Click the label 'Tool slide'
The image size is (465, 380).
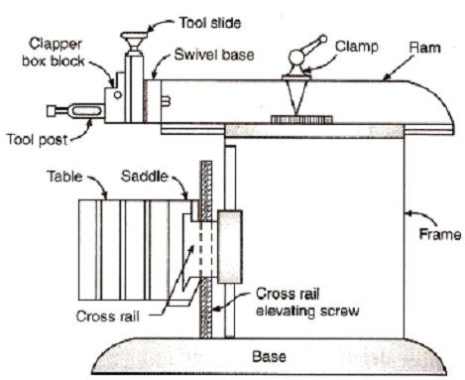coord(210,23)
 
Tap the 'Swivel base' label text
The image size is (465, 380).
coord(214,55)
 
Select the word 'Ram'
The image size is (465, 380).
coord(424,48)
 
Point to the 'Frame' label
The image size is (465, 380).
coord(440,234)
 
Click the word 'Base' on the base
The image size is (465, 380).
coord(269,356)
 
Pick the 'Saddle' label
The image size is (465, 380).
coord(145,176)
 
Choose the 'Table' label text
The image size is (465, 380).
coord(64,176)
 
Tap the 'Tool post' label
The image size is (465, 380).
coord(37,140)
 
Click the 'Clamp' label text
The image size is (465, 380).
coord(357,47)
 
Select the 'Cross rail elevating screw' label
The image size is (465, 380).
coord(307,303)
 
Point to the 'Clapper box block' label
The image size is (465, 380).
coord(54,53)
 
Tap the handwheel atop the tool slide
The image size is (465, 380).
coord(134,38)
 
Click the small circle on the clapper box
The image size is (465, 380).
coord(117,95)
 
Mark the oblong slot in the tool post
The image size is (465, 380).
coord(86,111)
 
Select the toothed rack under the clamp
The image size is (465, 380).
coord(301,119)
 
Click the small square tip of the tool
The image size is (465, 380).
coord(52,111)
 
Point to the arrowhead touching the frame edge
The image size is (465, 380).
coord(408,213)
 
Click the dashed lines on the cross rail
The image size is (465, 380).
coord(205,251)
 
